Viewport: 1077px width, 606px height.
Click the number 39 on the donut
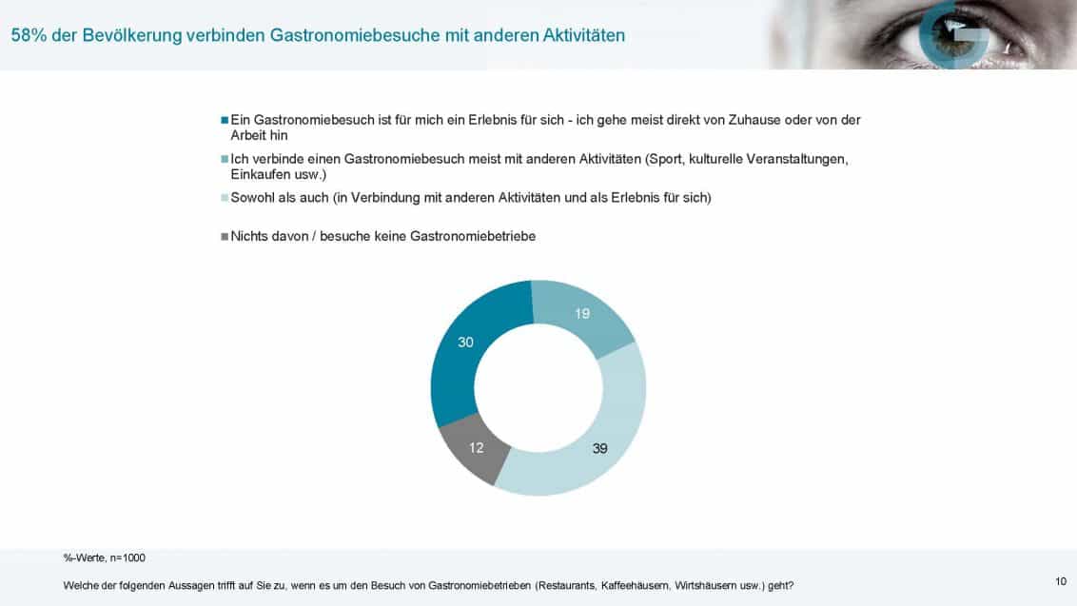point(599,447)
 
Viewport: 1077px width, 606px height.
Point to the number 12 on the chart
point(478,447)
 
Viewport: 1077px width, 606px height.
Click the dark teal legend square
point(225,121)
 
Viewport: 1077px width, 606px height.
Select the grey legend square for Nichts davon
point(225,236)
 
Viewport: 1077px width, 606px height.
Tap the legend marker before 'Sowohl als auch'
point(225,198)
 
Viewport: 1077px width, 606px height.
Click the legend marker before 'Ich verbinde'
point(225,159)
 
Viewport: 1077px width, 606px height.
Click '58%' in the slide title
point(27,36)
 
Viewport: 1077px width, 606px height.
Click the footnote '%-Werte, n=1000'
point(105,557)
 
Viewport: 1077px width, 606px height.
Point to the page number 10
point(1061,581)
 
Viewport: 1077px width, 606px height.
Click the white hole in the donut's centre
point(538,387)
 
